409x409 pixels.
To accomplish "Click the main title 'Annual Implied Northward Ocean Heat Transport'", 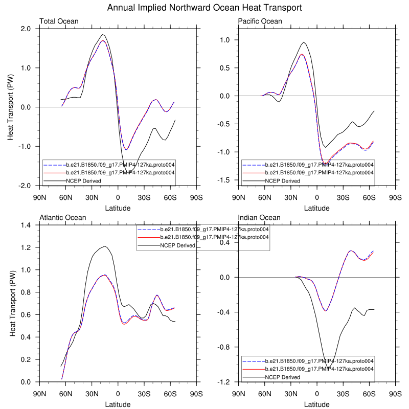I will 204,8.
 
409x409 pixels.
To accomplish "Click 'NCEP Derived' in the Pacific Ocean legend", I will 282,180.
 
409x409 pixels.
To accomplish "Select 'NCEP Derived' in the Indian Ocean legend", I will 282,377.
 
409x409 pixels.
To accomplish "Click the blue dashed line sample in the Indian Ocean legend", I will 252,360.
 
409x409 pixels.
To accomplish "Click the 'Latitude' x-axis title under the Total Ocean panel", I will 118,208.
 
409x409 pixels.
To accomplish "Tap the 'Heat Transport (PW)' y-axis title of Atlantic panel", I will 13,304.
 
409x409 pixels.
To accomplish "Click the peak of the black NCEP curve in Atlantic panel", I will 104,246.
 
